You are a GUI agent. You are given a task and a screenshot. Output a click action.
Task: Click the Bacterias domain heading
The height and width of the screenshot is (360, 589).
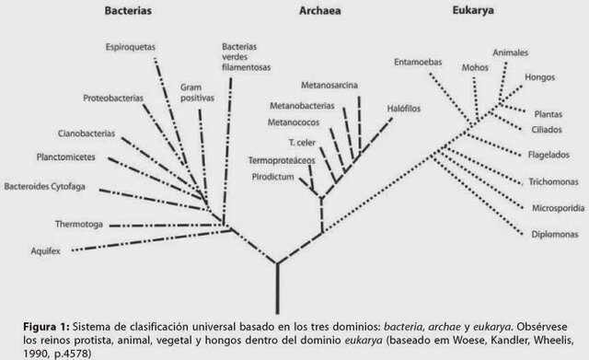128,13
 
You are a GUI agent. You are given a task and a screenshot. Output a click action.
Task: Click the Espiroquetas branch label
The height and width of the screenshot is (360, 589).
133,45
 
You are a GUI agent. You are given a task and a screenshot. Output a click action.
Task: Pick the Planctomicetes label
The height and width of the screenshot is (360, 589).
68,156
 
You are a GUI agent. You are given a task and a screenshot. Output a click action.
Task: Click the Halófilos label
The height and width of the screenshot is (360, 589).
405,107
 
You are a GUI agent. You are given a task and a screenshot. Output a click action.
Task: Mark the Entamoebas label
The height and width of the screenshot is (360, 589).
418,63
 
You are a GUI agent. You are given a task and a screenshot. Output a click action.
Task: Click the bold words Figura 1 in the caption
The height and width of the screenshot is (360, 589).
42,327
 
